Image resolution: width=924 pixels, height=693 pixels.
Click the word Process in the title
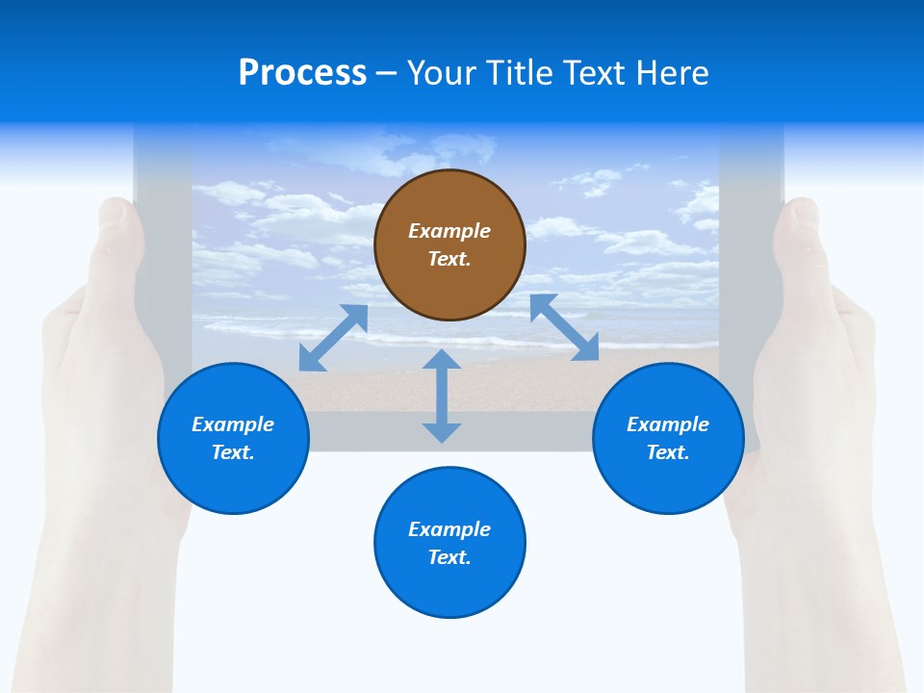click(x=302, y=73)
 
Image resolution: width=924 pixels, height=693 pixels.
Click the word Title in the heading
click(x=517, y=73)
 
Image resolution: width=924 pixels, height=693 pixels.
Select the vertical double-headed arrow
click(x=442, y=396)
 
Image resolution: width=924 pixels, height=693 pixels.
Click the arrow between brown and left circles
click(x=333, y=338)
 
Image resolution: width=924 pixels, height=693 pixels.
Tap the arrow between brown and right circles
click(x=564, y=327)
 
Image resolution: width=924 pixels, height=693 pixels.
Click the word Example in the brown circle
click(x=449, y=231)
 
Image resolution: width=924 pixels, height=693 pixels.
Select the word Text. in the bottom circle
click(x=449, y=557)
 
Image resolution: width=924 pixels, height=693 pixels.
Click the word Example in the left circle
click(x=233, y=424)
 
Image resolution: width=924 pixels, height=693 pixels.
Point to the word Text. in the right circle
click(x=668, y=452)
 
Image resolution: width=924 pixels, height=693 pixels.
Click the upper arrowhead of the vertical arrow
click(x=442, y=358)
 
